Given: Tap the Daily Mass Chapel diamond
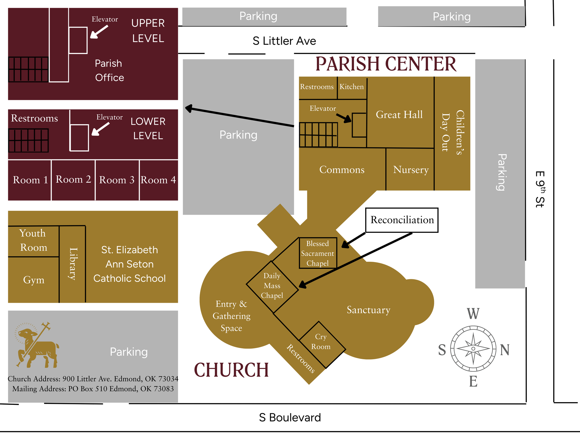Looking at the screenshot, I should click(x=272, y=286).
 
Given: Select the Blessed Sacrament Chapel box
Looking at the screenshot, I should click(x=317, y=253).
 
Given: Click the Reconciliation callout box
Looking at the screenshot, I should click(x=402, y=220).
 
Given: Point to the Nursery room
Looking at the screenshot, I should click(x=411, y=170).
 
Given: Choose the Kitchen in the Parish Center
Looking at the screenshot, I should click(x=352, y=87).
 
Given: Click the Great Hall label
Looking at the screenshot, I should click(x=399, y=115).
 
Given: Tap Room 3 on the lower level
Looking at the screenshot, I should click(x=117, y=180).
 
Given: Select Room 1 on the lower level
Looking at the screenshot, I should click(x=30, y=180).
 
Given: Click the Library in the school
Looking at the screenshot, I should click(x=73, y=264).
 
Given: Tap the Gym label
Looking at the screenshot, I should click(x=34, y=280).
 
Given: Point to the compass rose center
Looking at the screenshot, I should click(x=473, y=349).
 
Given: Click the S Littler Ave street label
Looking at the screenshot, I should click(x=284, y=41).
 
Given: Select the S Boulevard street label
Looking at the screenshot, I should click(x=290, y=418).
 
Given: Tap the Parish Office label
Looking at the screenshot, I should click(x=109, y=71).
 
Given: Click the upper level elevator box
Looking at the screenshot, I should click(x=78, y=40).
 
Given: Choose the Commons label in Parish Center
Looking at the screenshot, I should click(x=342, y=170).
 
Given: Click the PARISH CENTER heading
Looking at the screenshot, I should click(x=386, y=64).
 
